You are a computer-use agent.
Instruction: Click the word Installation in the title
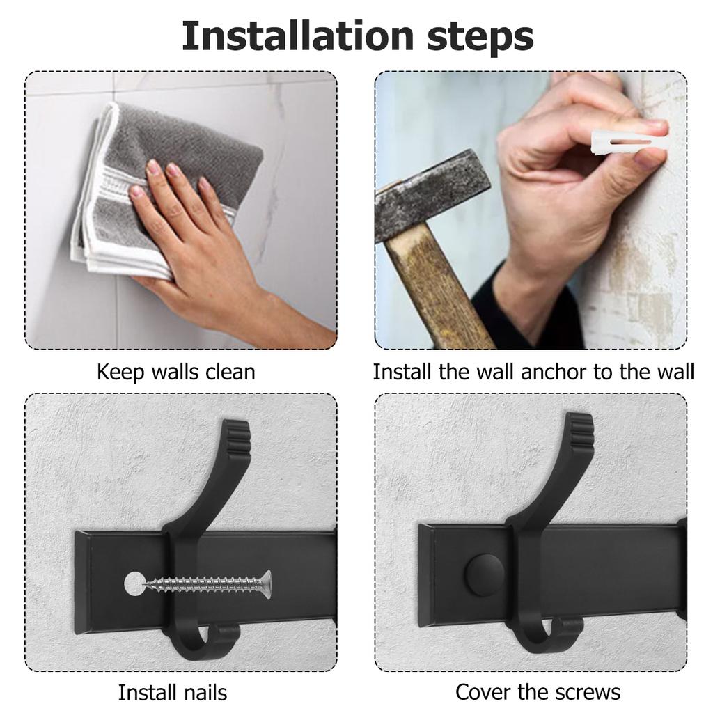[297, 36]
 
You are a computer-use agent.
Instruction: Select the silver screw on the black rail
[207, 584]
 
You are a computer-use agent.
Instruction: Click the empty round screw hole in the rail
[133, 584]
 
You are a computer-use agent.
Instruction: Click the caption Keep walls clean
[176, 372]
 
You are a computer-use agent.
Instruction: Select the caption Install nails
[173, 693]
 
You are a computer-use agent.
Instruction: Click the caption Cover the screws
[538, 693]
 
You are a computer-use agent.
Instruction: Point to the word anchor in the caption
[554, 372]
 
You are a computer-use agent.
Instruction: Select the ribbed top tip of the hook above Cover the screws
[581, 432]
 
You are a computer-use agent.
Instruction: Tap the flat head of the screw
[267, 585]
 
